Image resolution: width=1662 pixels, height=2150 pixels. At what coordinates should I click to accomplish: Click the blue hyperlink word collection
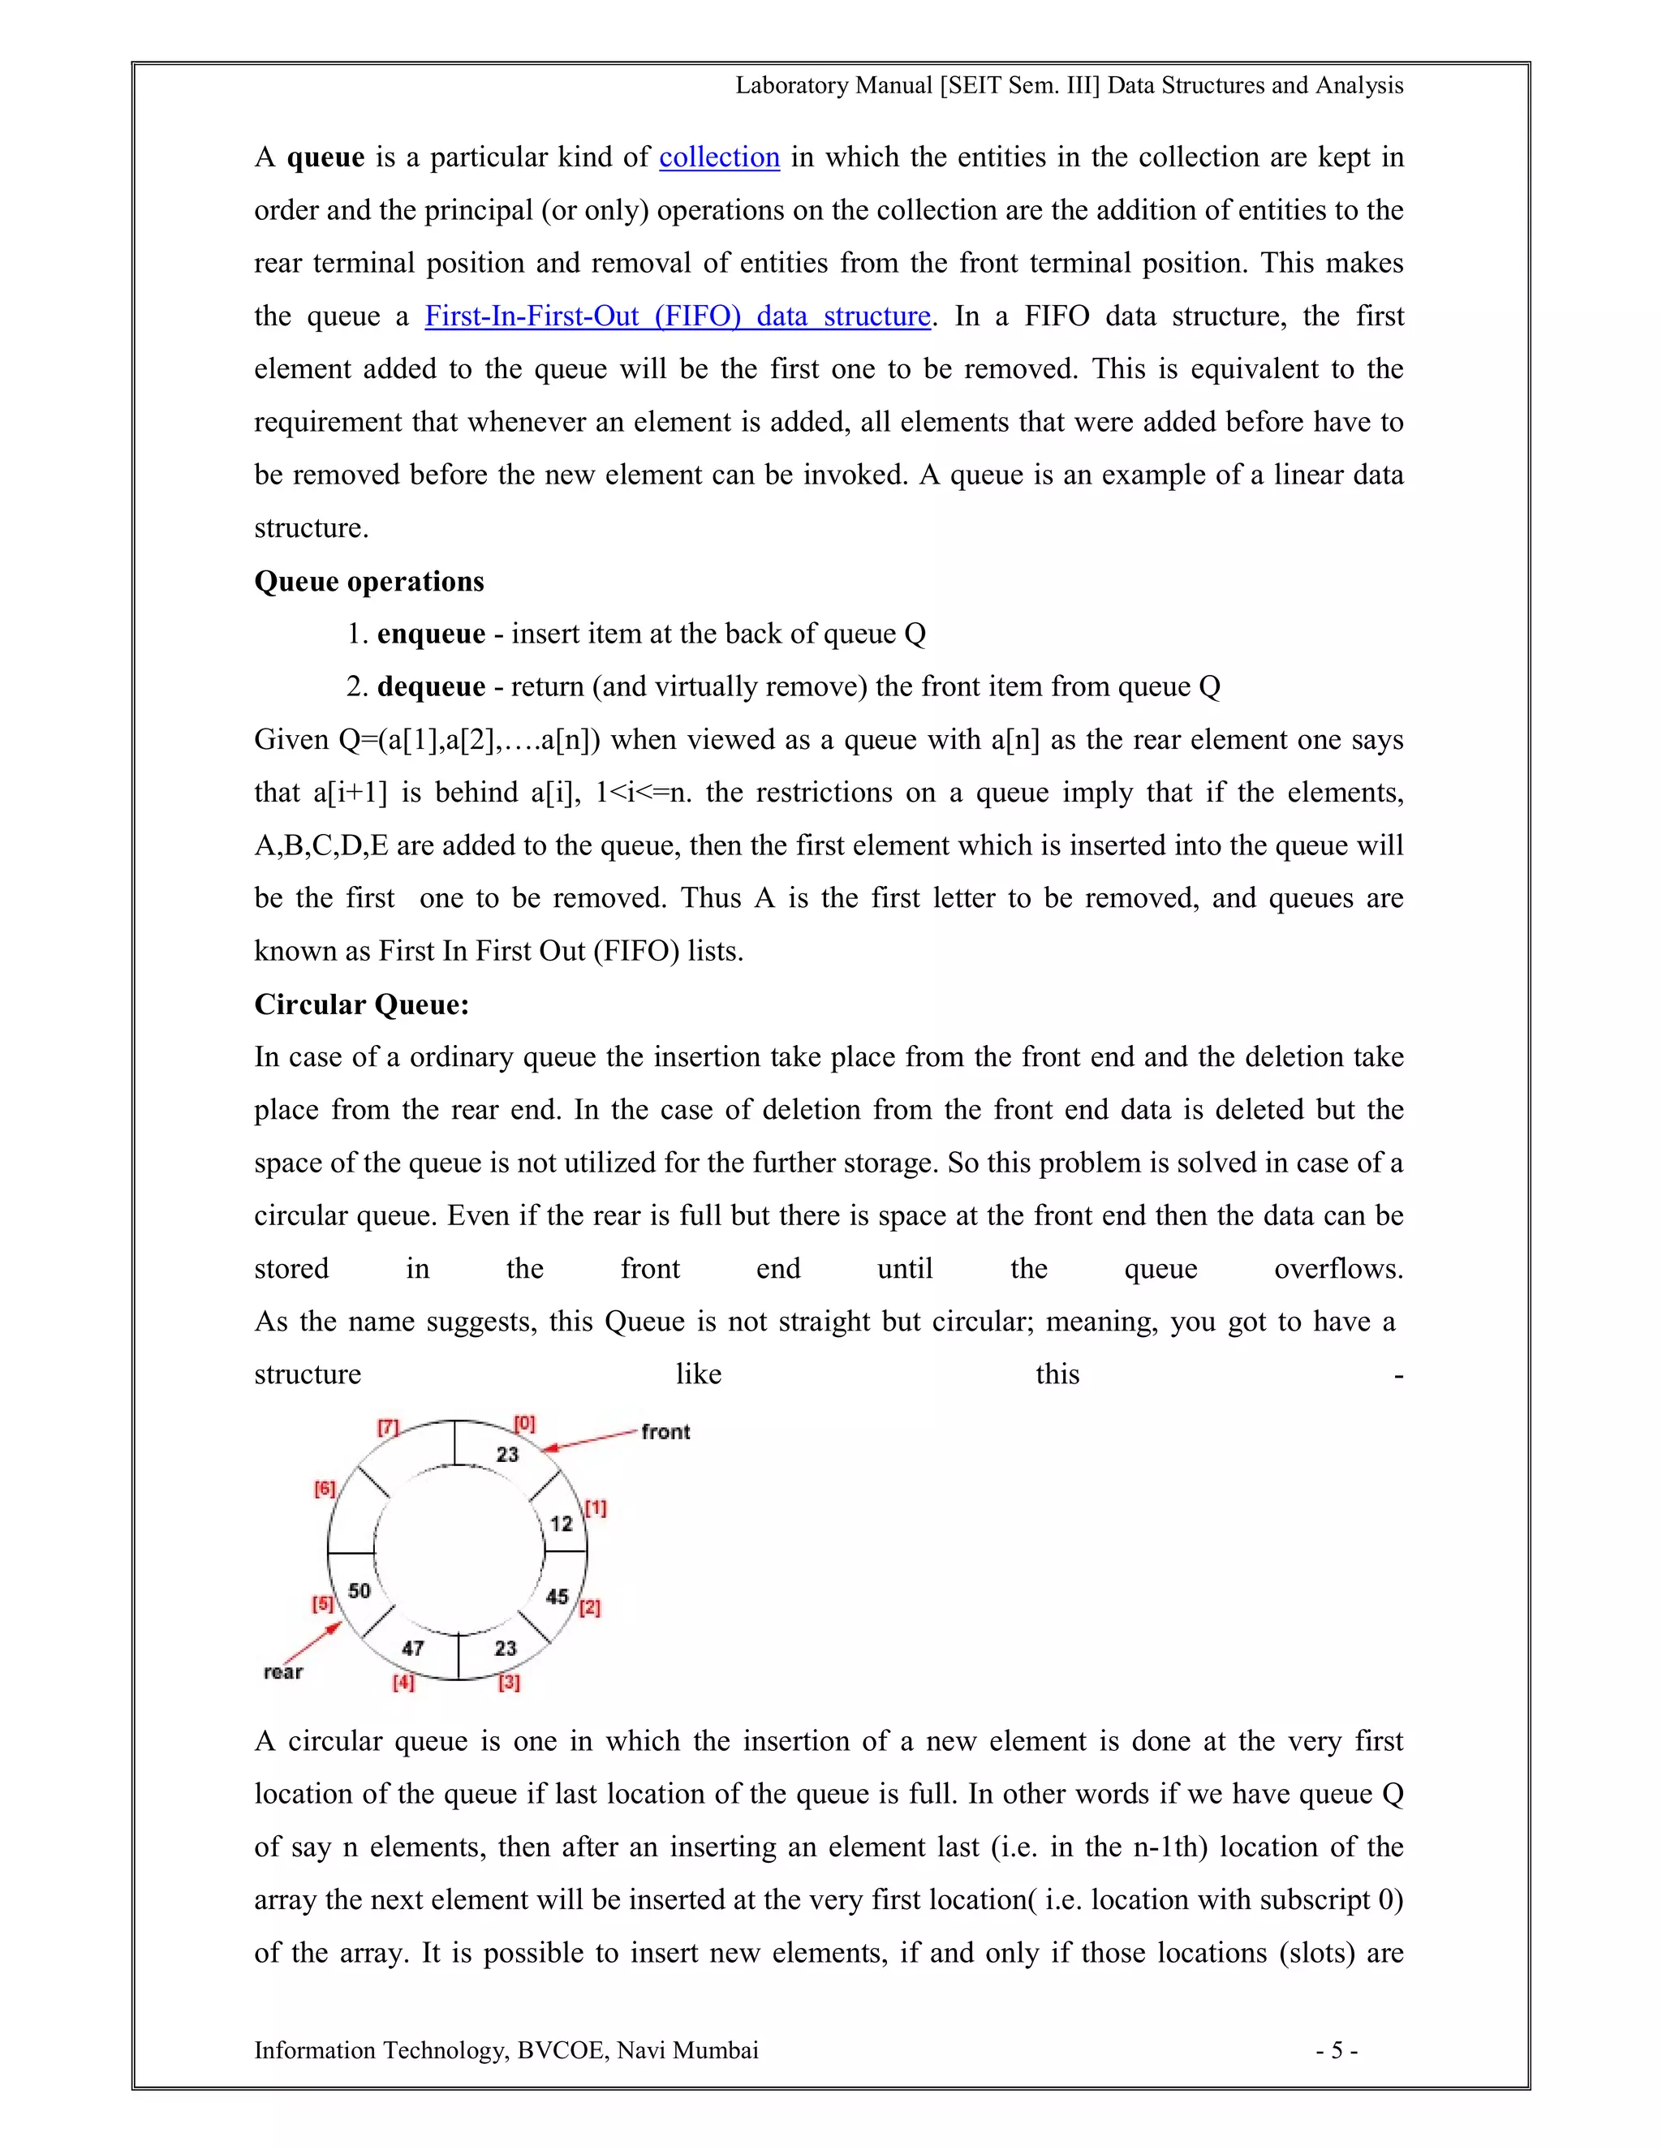click(x=719, y=157)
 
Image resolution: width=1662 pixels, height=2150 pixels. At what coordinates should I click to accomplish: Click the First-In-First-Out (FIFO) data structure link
click(x=678, y=316)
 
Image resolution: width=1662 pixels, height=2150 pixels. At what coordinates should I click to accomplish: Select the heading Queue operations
click(x=369, y=581)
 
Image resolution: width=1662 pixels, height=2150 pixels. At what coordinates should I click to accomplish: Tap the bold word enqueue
click(x=431, y=634)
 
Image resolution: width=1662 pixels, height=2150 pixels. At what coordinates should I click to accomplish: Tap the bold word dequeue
click(x=431, y=686)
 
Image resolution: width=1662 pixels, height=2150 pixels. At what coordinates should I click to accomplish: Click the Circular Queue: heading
click(x=361, y=1004)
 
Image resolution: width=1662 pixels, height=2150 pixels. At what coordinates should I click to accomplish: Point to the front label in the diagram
click(x=665, y=1431)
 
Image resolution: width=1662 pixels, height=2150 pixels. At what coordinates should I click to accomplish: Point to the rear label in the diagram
click(x=283, y=1671)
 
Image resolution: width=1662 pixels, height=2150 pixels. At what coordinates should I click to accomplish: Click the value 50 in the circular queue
click(x=360, y=1591)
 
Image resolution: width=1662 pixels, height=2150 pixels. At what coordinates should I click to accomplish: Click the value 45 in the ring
click(x=558, y=1597)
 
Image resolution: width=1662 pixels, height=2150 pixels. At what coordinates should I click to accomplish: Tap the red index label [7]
click(x=388, y=1426)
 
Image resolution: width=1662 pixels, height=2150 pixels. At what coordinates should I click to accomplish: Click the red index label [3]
click(x=509, y=1683)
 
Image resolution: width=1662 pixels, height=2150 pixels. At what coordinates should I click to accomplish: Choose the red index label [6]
click(x=325, y=1490)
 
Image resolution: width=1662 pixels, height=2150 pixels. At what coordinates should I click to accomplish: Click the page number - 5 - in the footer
click(x=1336, y=2050)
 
